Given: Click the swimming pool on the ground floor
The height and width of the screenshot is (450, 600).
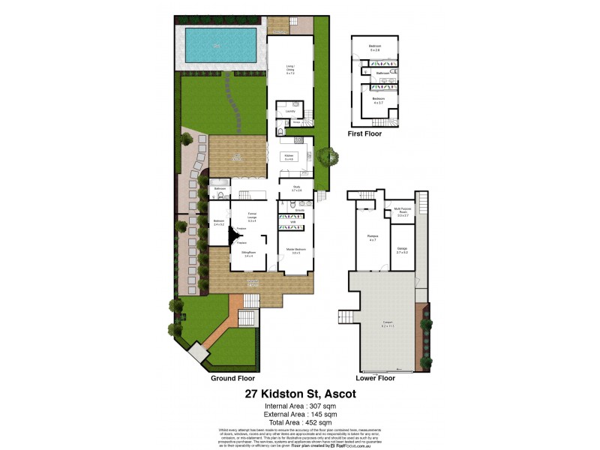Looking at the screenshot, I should [220, 45].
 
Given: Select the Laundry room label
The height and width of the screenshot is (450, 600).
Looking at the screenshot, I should [289, 111].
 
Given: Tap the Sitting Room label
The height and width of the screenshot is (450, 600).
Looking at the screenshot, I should [247, 255].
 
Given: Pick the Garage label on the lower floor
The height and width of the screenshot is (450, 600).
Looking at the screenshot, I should [401, 250].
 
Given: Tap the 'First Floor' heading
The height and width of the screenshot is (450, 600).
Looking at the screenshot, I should [364, 133].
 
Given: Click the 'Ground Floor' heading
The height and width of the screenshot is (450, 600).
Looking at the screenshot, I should [234, 379].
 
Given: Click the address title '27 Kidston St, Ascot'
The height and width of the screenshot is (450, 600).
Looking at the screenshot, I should [299, 394].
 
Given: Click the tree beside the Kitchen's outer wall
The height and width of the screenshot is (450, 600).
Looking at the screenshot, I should [326, 157].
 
